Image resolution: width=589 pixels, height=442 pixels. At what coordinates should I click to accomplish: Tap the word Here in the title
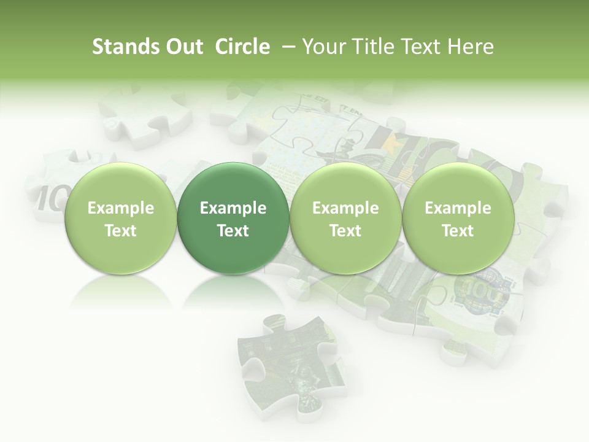[471, 47]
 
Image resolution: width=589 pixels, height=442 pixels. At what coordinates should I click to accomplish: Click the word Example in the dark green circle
[233, 209]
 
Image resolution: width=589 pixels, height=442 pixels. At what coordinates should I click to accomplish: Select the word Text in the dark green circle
[233, 231]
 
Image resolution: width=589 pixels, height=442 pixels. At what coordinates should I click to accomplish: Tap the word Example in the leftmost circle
[121, 209]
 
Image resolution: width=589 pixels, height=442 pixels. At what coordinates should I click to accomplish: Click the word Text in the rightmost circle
[458, 231]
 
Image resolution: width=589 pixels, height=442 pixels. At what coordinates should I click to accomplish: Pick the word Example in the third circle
[345, 209]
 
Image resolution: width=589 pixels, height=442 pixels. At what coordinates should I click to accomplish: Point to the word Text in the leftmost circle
[121, 231]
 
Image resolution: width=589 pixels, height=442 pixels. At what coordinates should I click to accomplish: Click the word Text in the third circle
[345, 231]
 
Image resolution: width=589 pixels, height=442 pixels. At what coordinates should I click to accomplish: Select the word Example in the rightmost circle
[458, 209]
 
